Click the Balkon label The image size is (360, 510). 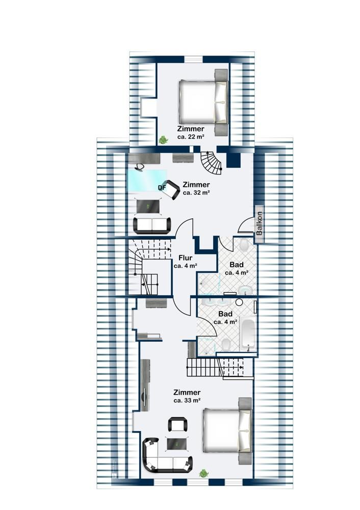click(x=259, y=223)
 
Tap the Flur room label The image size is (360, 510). click(x=186, y=258)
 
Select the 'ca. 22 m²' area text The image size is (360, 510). click(x=191, y=137)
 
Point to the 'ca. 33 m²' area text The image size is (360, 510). click(x=187, y=400)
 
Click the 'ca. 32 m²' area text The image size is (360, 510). click(x=196, y=192)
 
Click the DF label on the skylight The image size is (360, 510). click(x=162, y=188)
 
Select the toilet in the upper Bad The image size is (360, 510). click(x=244, y=245)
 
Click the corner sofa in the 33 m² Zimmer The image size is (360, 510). click(x=166, y=456)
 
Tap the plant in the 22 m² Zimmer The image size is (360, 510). click(x=163, y=140)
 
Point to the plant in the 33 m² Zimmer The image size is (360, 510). click(x=204, y=473)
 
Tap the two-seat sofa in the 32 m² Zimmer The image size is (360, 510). click(x=152, y=225)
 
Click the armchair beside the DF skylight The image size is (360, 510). click(x=171, y=190)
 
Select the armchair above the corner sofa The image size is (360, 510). click(x=177, y=424)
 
